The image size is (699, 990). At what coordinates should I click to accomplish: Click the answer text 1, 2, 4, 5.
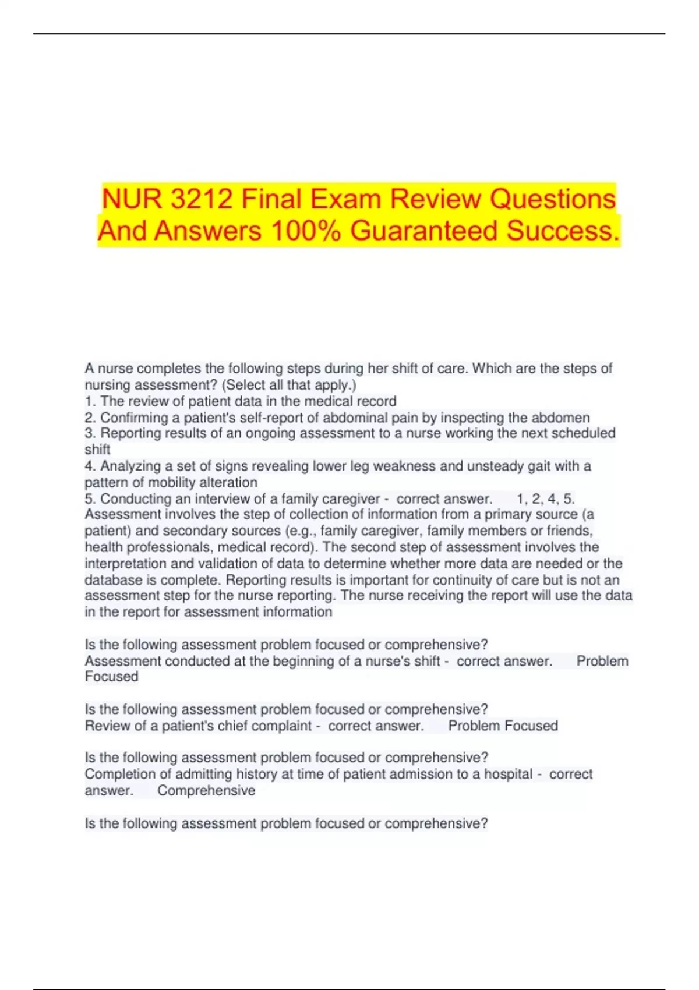tap(545, 499)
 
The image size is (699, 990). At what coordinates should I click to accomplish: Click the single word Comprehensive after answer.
tap(206, 791)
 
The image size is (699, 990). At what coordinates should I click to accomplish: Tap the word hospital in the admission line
tap(508, 775)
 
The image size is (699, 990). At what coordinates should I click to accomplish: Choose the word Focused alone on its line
tap(111, 677)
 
